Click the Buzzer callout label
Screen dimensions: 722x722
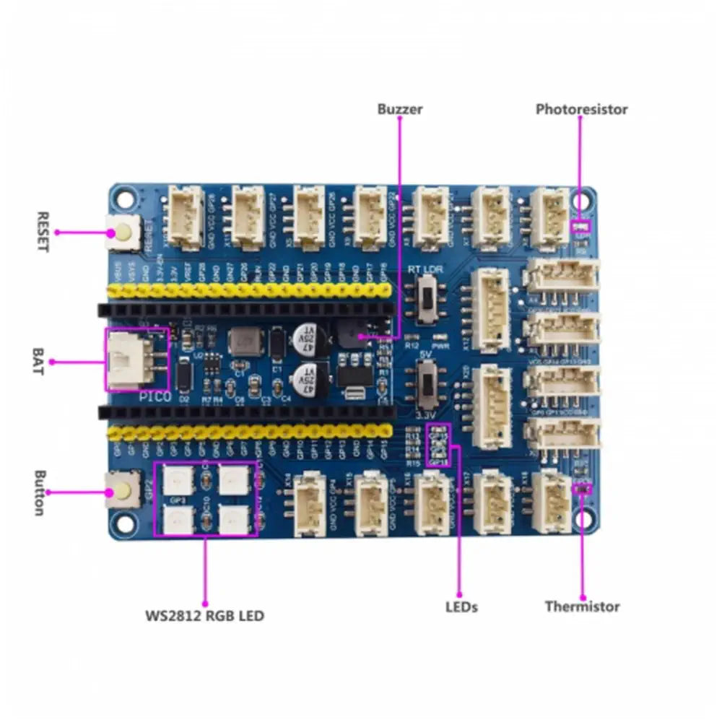tap(400, 110)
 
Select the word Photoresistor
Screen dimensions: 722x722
tap(581, 109)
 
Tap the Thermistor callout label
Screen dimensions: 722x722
tap(582, 606)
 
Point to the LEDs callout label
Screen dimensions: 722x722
tap(461, 606)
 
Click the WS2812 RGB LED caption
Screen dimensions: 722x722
tap(204, 616)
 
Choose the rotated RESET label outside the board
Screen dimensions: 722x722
tap(42, 232)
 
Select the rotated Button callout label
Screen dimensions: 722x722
tap(40, 493)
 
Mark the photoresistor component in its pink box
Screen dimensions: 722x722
tap(580, 225)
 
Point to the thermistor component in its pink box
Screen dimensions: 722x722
tap(580, 489)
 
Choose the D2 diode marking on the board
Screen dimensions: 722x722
tap(184, 398)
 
